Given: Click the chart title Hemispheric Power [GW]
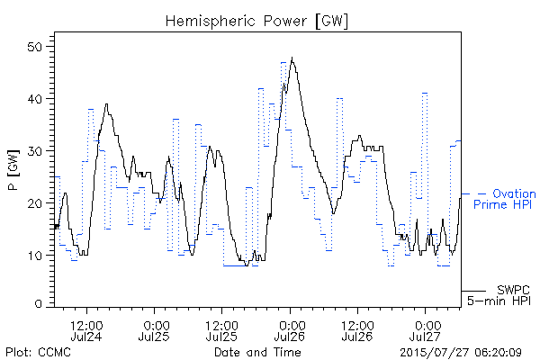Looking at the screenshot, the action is pyautogui.click(x=256, y=22).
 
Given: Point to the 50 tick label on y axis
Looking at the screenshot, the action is pyautogui.click(x=34, y=47).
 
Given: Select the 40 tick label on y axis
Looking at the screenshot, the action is pyautogui.click(x=34, y=99).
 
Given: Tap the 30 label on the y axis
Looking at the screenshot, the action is pyautogui.click(x=34, y=151).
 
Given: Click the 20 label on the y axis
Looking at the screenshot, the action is pyautogui.click(x=34, y=203).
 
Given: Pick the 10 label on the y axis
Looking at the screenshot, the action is pyautogui.click(x=34, y=256).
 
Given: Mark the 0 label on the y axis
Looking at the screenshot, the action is pyautogui.click(x=38, y=304).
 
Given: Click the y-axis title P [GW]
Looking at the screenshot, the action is pyautogui.click(x=13, y=170).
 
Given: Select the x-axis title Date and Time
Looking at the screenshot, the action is pyautogui.click(x=257, y=352).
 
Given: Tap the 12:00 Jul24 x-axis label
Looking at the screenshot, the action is pyautogui.click(x=86, y=331).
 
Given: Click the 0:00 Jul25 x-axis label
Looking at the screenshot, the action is pyautogui.click(x=154, y=331).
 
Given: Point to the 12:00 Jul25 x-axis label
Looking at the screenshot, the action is pyautogui.click(x=221, y=331).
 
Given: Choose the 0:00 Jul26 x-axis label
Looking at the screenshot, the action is pyautogui.click(x=290, y=331).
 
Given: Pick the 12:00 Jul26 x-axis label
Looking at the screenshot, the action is pyautogui.click(x=357, y=331).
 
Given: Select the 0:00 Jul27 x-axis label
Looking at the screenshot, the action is pyautogui.click(x=426, y=331).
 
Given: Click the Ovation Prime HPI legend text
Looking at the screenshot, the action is pyautogui.click(x=505, y=199).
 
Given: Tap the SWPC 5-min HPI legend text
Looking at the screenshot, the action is pyautogui.click(x=499, y=295).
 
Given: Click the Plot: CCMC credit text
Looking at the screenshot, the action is pyautogui.click(x=38, y=352).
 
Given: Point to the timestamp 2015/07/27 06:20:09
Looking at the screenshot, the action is pyautogui.click(x=461, y=353).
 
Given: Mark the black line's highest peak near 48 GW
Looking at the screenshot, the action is pyautogui.click(x=292, y=58).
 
